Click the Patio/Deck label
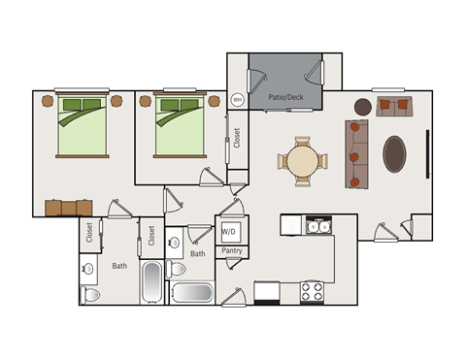[285, 97]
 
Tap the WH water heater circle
[237, 100]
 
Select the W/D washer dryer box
[231, 232]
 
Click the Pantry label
[232, 250]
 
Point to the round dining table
[303, 160]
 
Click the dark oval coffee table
[394, 154]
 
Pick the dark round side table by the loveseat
[363, 107]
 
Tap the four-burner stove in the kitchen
[312, 292]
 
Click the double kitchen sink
[318, 225]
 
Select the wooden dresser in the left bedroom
[69, 208]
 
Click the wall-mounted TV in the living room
[427, 154]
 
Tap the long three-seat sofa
[356, 154]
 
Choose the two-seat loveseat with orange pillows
[394, 106]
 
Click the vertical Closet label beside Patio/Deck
[237, 138]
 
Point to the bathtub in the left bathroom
[152, 282]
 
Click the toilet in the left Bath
[89, 295]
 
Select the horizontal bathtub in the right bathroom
[192, 293]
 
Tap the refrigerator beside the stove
[267, 293]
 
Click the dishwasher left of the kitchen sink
[291, 225]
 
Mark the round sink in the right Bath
[174, 242]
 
